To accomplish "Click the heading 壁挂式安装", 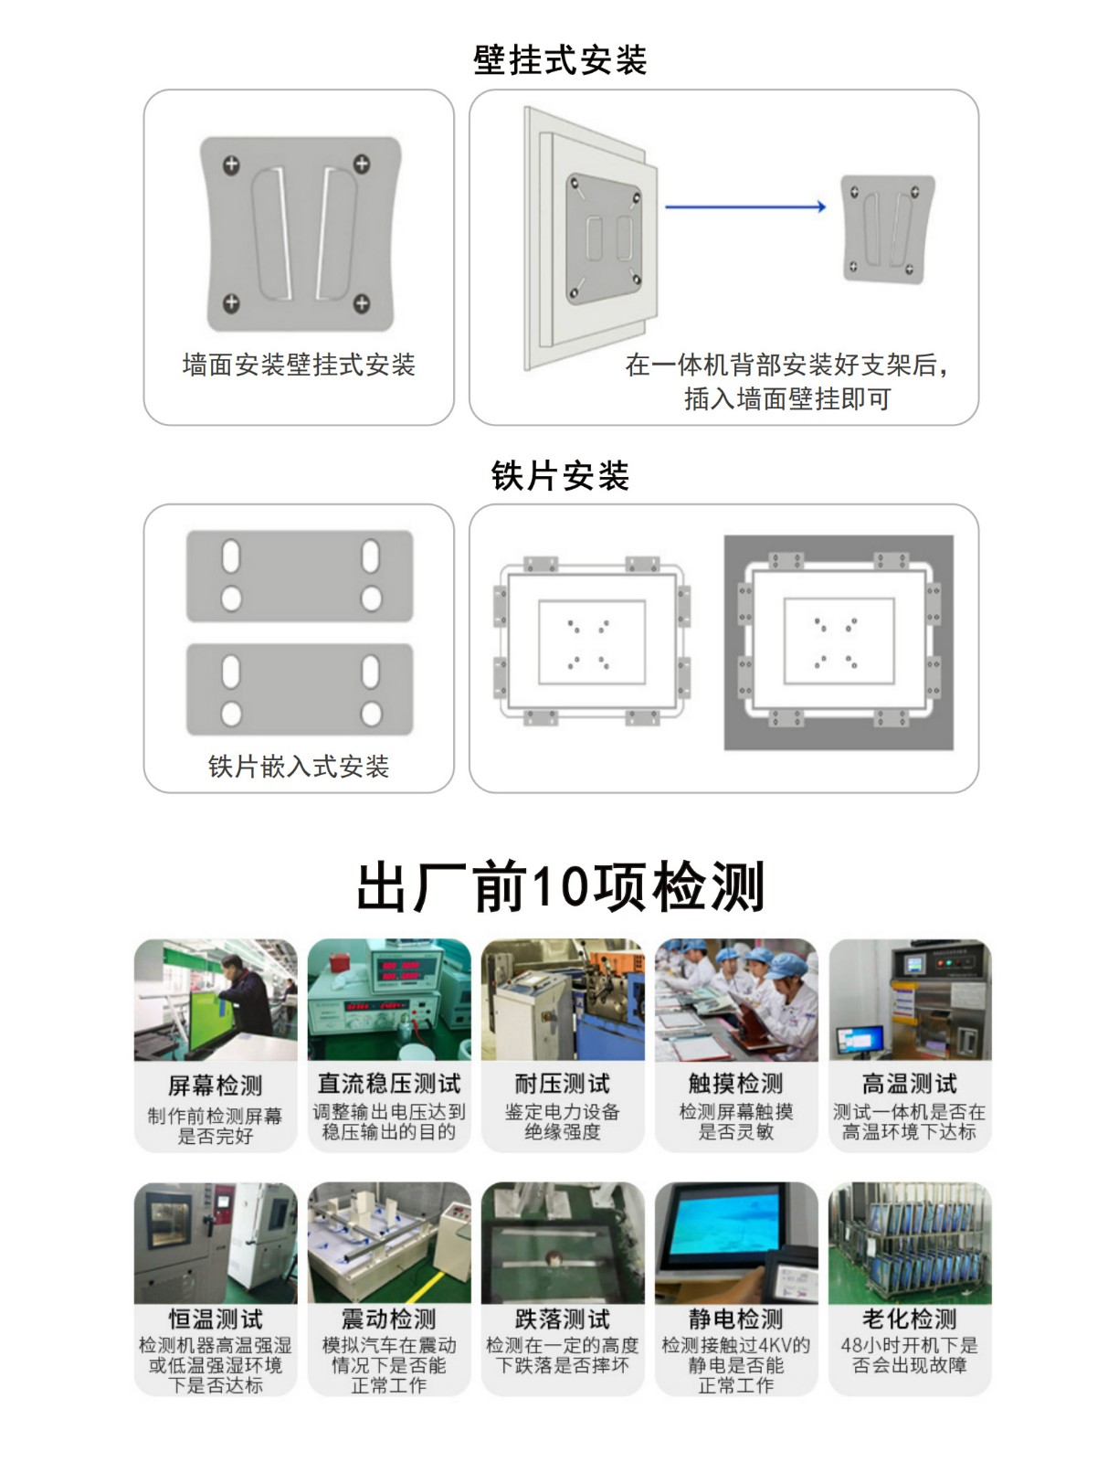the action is [x=559, y=60].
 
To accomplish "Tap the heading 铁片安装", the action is [x=559, y=475].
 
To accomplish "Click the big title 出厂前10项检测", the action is [x=560, y=886].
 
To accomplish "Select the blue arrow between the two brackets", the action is [x=745, y=207].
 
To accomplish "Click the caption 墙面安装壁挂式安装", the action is [x=299, y=365].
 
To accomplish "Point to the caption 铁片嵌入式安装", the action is [x=299, y=767].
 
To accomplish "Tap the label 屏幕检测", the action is [x=215, y=1085].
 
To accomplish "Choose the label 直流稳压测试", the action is [x=389, y=1084].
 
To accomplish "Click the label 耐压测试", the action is [x=563, y=1084].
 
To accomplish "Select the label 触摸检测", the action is [x=736, y=1084].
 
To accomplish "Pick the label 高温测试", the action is [x=910, y=1084].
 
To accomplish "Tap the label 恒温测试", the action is [x=215, y=1319].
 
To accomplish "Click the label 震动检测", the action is [x=389, y=1319].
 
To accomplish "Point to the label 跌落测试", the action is [x=563, y=1319].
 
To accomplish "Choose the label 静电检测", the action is [x=736, y=1319].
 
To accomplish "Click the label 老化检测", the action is [x=910, y=1319].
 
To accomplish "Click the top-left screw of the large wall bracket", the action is [x=231, y=164].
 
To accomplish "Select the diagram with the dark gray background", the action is [x=839, y=642].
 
